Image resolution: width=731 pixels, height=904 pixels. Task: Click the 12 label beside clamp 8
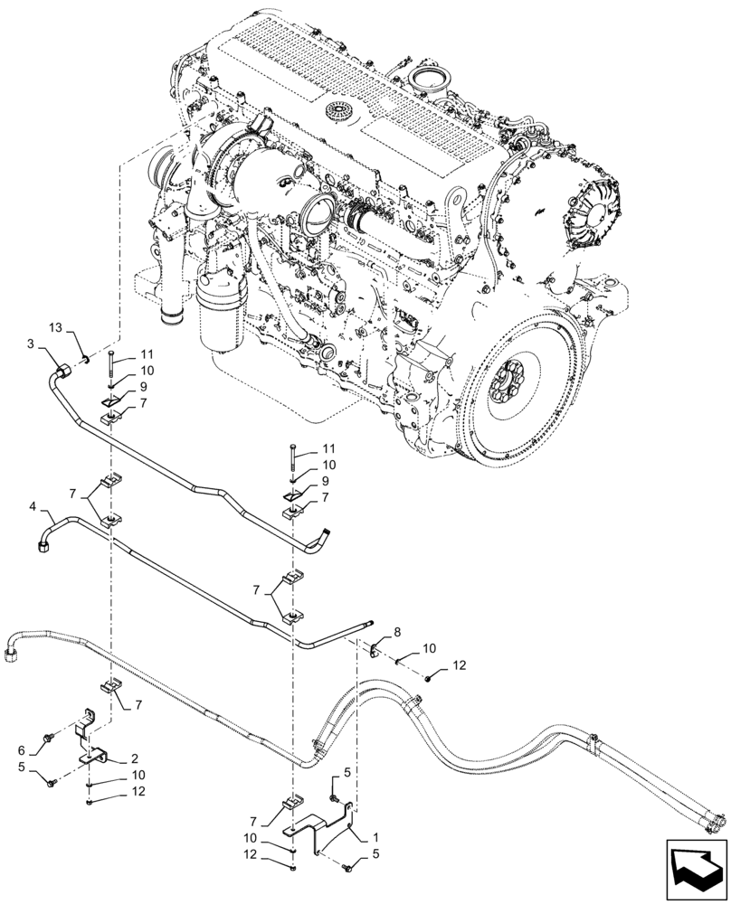458,665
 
